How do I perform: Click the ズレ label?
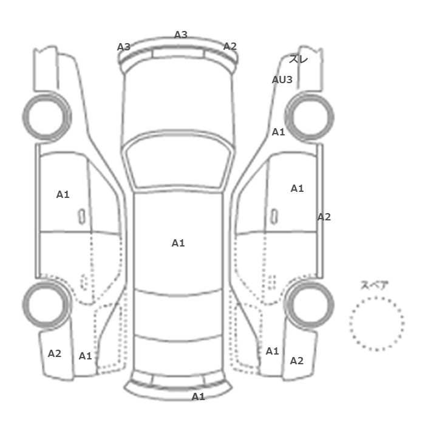(x=298, y=59)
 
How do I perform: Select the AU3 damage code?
(x=282, y=80)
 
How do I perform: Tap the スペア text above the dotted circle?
(x=371, y=285)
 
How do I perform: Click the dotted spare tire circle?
(x=377, y=297)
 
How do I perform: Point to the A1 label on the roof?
(x=178, y=243)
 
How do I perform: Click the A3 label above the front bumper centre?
(x=181, y=35)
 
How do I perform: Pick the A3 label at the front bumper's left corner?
(x=124, y=47)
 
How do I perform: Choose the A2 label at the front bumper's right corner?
(x=230, y=46)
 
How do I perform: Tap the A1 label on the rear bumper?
(x=198, y=397)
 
